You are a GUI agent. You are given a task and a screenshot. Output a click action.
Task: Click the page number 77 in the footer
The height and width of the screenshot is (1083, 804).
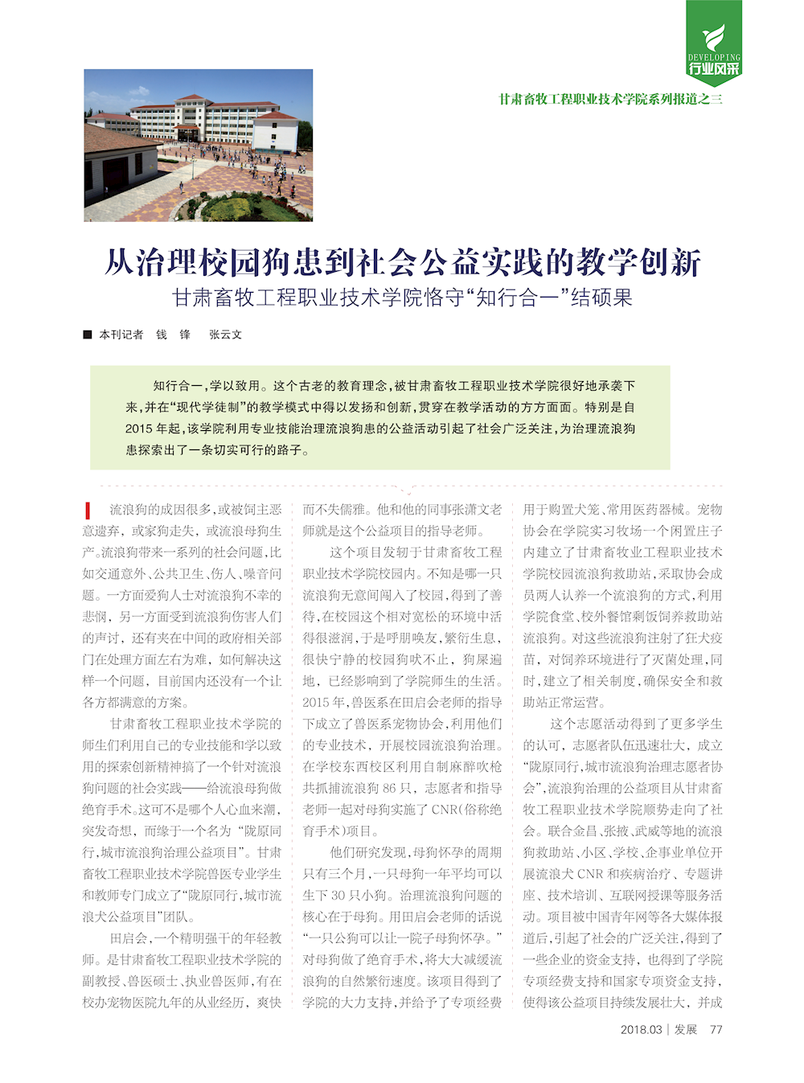716,1029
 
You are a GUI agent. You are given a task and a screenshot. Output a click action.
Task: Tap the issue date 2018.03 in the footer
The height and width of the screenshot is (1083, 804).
641,1029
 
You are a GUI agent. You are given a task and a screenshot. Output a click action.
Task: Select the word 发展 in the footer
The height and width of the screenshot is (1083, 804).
686,1029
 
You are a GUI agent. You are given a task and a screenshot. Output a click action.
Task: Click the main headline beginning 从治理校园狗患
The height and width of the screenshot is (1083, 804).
403,262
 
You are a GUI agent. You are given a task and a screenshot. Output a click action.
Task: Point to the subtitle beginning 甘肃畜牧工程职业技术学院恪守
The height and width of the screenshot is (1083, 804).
403,297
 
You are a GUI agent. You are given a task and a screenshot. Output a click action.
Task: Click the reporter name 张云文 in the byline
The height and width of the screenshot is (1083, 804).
225,334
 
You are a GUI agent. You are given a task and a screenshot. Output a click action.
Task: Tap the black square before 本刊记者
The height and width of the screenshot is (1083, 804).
88,334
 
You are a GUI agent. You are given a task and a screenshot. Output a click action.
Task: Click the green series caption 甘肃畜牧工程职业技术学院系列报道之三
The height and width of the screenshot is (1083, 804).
610,99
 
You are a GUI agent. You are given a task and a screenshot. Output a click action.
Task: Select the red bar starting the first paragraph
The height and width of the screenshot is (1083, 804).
87,510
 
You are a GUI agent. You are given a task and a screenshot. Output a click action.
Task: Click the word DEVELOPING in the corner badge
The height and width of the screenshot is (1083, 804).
714,57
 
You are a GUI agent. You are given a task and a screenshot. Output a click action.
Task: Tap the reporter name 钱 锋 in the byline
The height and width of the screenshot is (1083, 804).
173,334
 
